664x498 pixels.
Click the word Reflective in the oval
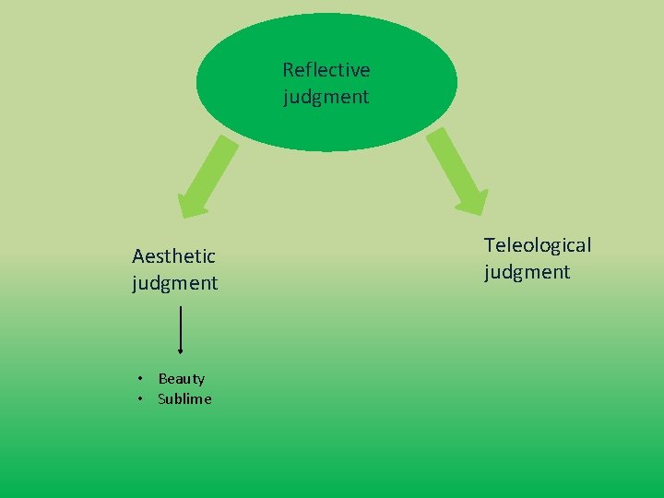click(326, 70)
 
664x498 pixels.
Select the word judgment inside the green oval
click(326, 96)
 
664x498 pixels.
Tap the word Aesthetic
click(173, 255)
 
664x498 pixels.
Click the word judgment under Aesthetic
click(174, 282)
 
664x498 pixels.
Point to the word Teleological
click(538, 245)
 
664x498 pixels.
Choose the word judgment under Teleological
click(527, 271)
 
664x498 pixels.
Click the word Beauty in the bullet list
click(182, 378)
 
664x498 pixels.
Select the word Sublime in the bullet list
click(184, 398)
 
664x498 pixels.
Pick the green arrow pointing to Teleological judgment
click(456, 171)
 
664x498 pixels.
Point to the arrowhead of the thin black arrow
click(180, 350)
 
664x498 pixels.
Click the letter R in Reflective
click(288, 70)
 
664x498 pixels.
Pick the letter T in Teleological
click(490, 245)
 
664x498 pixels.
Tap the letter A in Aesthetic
click(138, 255)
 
